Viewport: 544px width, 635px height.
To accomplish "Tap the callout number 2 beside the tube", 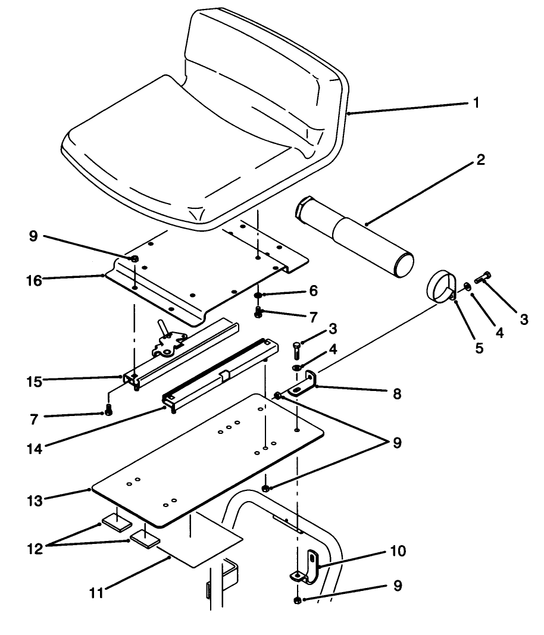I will (480, 160).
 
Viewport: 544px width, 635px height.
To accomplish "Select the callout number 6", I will (313, 291).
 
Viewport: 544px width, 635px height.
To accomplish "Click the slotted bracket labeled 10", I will (309, 566).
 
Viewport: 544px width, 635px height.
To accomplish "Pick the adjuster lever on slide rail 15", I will (162, 329).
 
